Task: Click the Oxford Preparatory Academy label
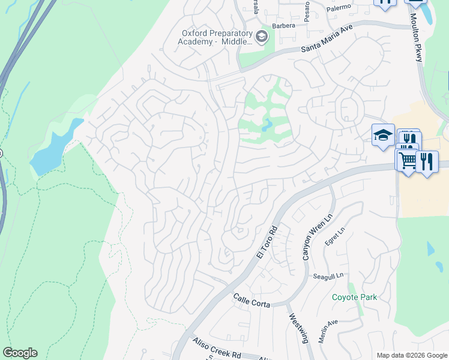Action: pos(215,37)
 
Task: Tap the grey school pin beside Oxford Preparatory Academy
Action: pos(261,37)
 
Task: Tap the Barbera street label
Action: pos(284,26)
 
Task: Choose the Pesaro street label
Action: pos(307,12)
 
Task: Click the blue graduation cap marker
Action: pos(382,135)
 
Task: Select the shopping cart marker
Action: pos(407,160)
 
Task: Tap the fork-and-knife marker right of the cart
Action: pos(427,161)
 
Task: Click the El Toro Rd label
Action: pos(267,242)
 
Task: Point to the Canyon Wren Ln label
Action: pos(317,238)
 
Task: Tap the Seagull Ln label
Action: pos(327,276)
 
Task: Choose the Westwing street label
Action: pos(298,328)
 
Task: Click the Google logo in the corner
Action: pos(20,353)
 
